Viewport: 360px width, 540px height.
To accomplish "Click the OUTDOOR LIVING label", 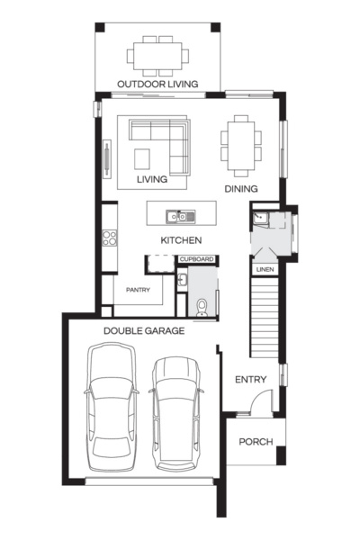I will [158, 85].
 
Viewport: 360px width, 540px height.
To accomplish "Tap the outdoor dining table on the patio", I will [158, 56].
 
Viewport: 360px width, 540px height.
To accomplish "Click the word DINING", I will [241, 189].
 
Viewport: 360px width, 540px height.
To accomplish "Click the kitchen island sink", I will [183, 216].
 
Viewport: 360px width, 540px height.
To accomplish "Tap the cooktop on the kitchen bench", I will [110, 238].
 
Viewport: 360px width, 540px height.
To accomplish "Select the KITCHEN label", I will [180, 240].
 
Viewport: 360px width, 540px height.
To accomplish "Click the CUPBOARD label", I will [197, 260].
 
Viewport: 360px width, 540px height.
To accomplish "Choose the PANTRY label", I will [138, 290].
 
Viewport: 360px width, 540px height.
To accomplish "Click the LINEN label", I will [264, 269].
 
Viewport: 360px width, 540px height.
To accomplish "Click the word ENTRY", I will [250, 380].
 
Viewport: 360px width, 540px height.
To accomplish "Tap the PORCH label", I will [254, 442].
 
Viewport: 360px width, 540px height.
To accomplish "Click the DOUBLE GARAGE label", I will [144, 331].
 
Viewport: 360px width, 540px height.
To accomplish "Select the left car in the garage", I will [112, 407].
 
